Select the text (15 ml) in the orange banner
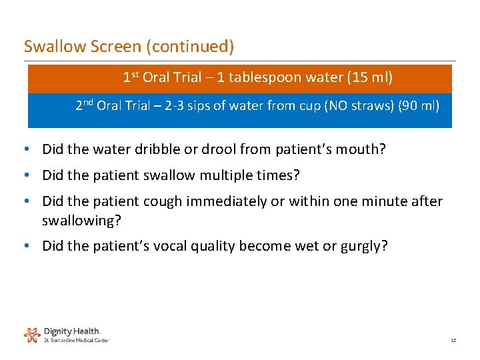370,77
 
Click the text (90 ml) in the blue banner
418,105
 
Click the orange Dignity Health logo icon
32,334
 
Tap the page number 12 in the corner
453,340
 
